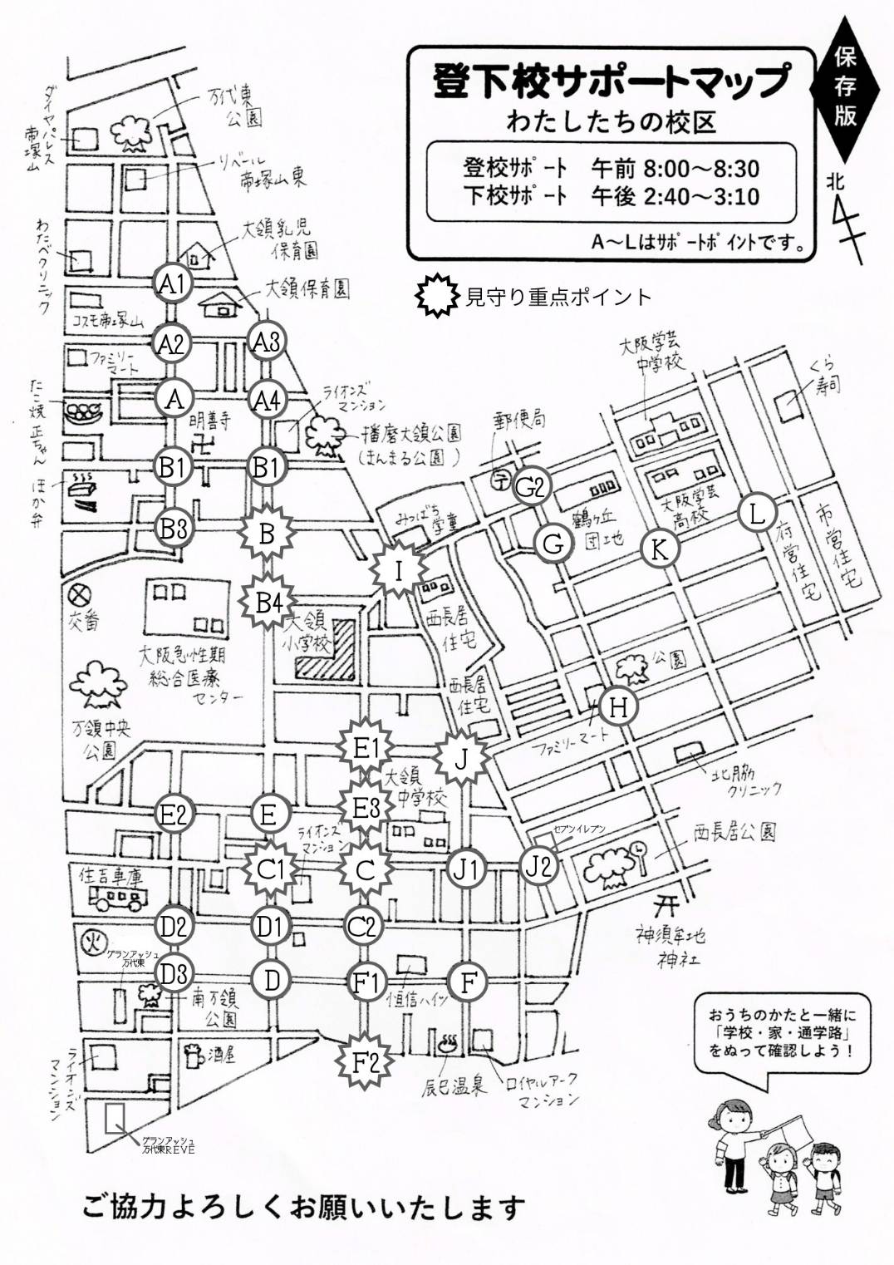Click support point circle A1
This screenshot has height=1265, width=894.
[x=173, y=284]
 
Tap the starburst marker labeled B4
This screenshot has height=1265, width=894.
[x=268, y=603]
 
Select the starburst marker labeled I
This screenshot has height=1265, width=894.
[x=399, y=571]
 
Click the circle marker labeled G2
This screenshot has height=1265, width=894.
[x=530, y=487]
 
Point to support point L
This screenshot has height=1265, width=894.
[x=757, y=513]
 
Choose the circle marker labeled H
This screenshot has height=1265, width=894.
[x=618, y=707]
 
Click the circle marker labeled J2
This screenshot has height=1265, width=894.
[x=539, y=866]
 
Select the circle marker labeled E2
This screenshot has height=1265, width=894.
[x=174, y=814]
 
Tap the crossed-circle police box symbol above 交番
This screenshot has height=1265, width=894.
[x=80, y=595]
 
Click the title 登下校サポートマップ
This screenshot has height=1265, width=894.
[x=610, y=80]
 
